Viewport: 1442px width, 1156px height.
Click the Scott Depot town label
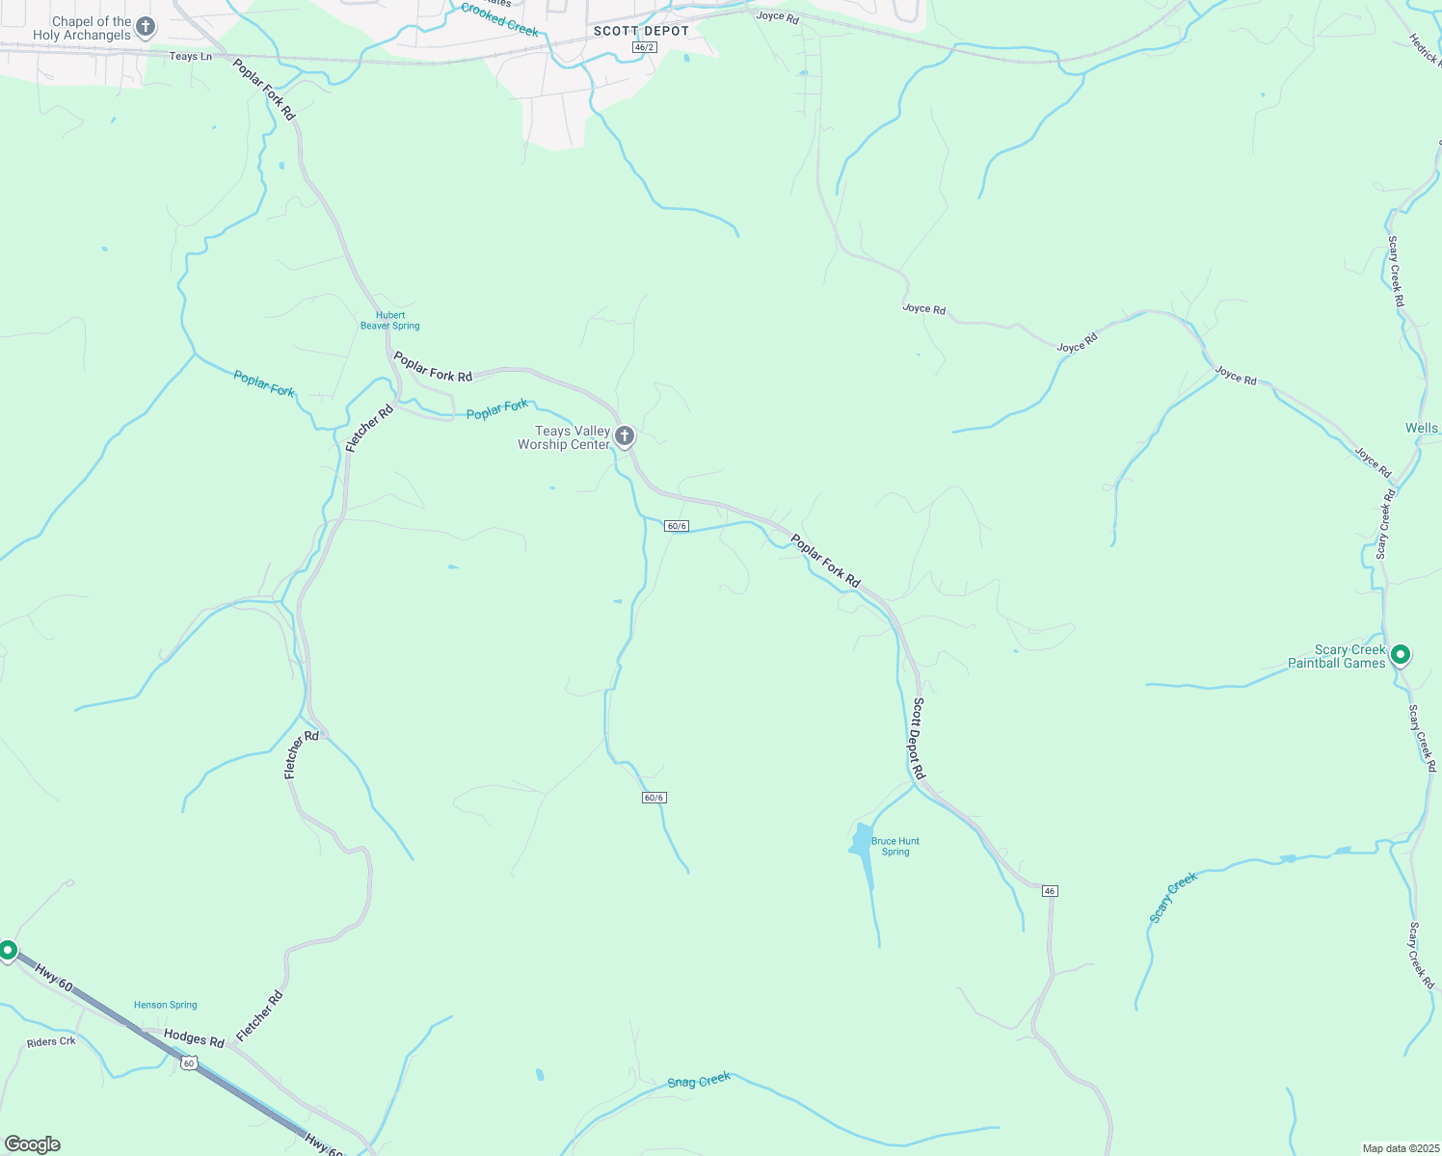(641, 31)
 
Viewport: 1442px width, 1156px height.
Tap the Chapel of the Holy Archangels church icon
(146, 26)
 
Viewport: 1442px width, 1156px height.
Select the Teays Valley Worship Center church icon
(625, 436)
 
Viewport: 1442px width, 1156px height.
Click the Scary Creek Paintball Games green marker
(1401, 655)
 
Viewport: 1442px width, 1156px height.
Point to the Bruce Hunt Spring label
(895, 846)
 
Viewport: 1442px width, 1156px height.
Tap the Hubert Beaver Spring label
(390, 321)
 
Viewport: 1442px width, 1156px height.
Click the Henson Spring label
(166, 1005)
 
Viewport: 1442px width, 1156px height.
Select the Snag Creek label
(699, 1081)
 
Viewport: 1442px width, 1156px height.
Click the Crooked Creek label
(499, 20)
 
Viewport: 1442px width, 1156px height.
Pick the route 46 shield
(1050, 891)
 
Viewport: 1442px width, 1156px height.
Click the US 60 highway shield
(189, 1063)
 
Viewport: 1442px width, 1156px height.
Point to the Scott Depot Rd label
(919, 738)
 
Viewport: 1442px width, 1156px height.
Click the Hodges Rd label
(194, 1038)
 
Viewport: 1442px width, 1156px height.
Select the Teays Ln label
(191, 57)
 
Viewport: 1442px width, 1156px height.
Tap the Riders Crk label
(51, 1041)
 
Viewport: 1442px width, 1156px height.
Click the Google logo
(33, 1144)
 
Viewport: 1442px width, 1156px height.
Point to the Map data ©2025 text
(1400, 1148)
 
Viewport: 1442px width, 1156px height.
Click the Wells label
(1421, 428)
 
